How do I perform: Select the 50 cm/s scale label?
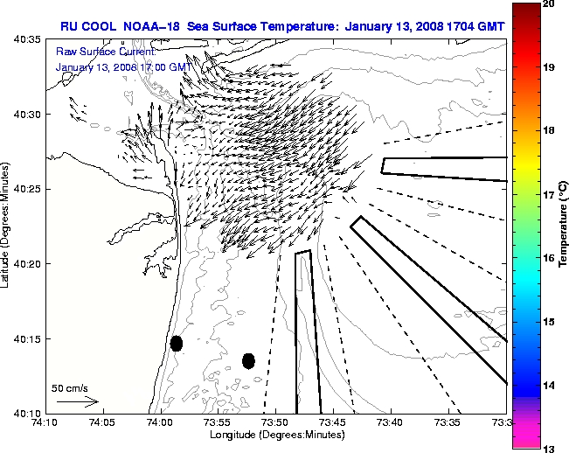coord(69,387)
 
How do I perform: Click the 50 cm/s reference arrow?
coord(78,401)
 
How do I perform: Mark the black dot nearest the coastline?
coord(176,343)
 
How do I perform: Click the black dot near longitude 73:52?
coord(248,360)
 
